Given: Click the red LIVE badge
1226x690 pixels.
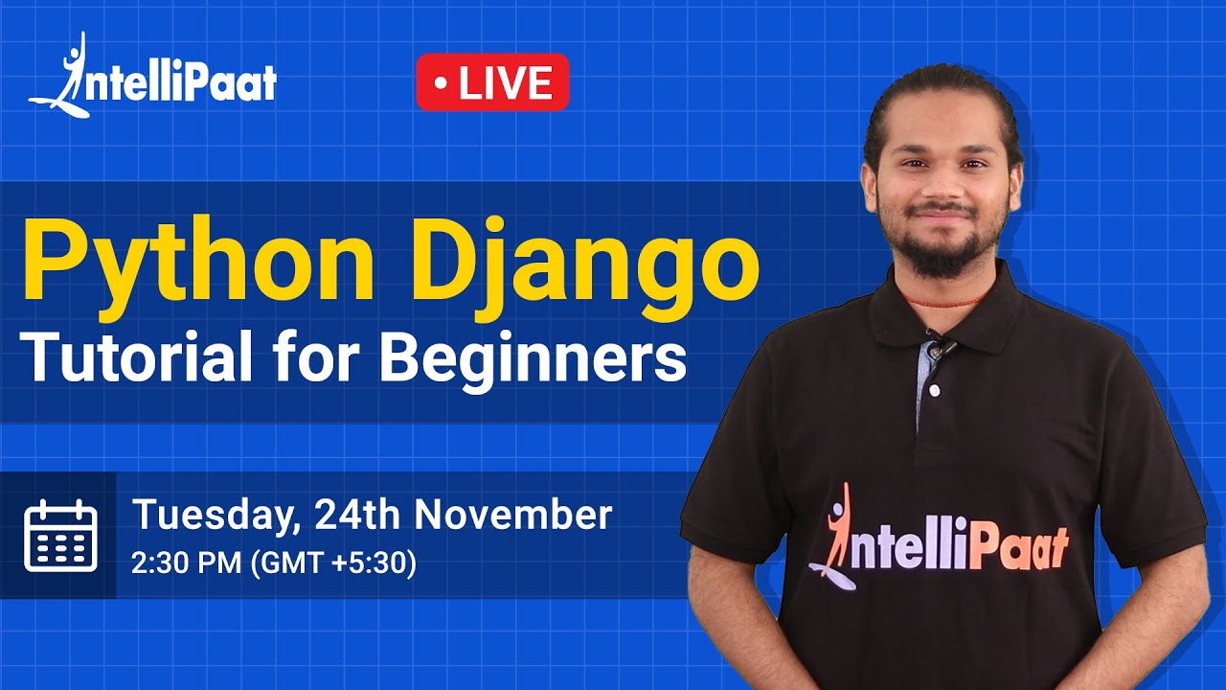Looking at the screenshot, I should click(492, 82).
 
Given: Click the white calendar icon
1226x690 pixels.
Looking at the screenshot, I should click(60, 535).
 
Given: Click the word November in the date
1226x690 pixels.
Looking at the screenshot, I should click(512, 515).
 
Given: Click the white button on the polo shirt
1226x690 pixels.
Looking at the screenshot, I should click(934, 391).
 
